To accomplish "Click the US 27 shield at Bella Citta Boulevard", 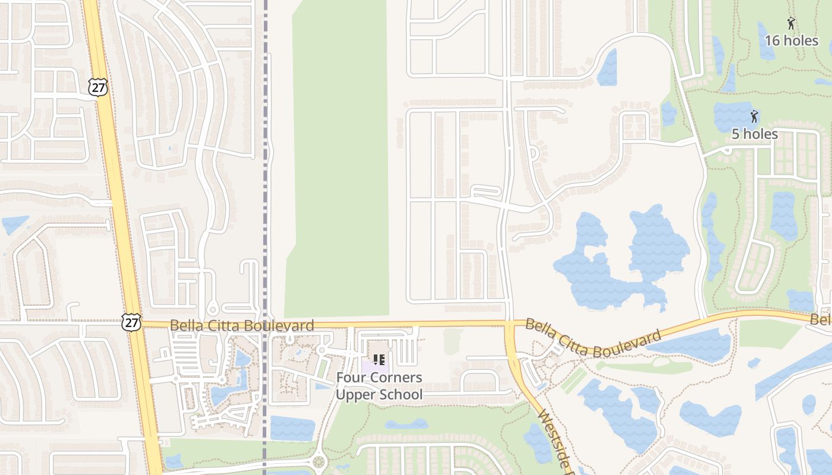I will pyautogui.click(x=131, y=322).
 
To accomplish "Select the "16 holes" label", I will pyautogui.click(x=791, y=40).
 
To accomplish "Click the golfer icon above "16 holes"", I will pyautogui.click(x=791, y=24).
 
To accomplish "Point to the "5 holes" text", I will pyautogui.click(x=754, y=134).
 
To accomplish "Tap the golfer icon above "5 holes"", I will pyautogui.click(x=754, y=116).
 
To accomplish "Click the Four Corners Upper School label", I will pyautogui.click(x=379, y=386).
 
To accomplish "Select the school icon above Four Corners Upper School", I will pyautogui.click(x=379, y=360).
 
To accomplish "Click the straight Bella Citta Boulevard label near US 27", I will pyautogui.click(x=242, y=325).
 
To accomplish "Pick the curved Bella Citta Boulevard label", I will pyautogui.click(x=593, y=337).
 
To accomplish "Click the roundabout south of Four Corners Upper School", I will pyautogui.click(x=320, y=461).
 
